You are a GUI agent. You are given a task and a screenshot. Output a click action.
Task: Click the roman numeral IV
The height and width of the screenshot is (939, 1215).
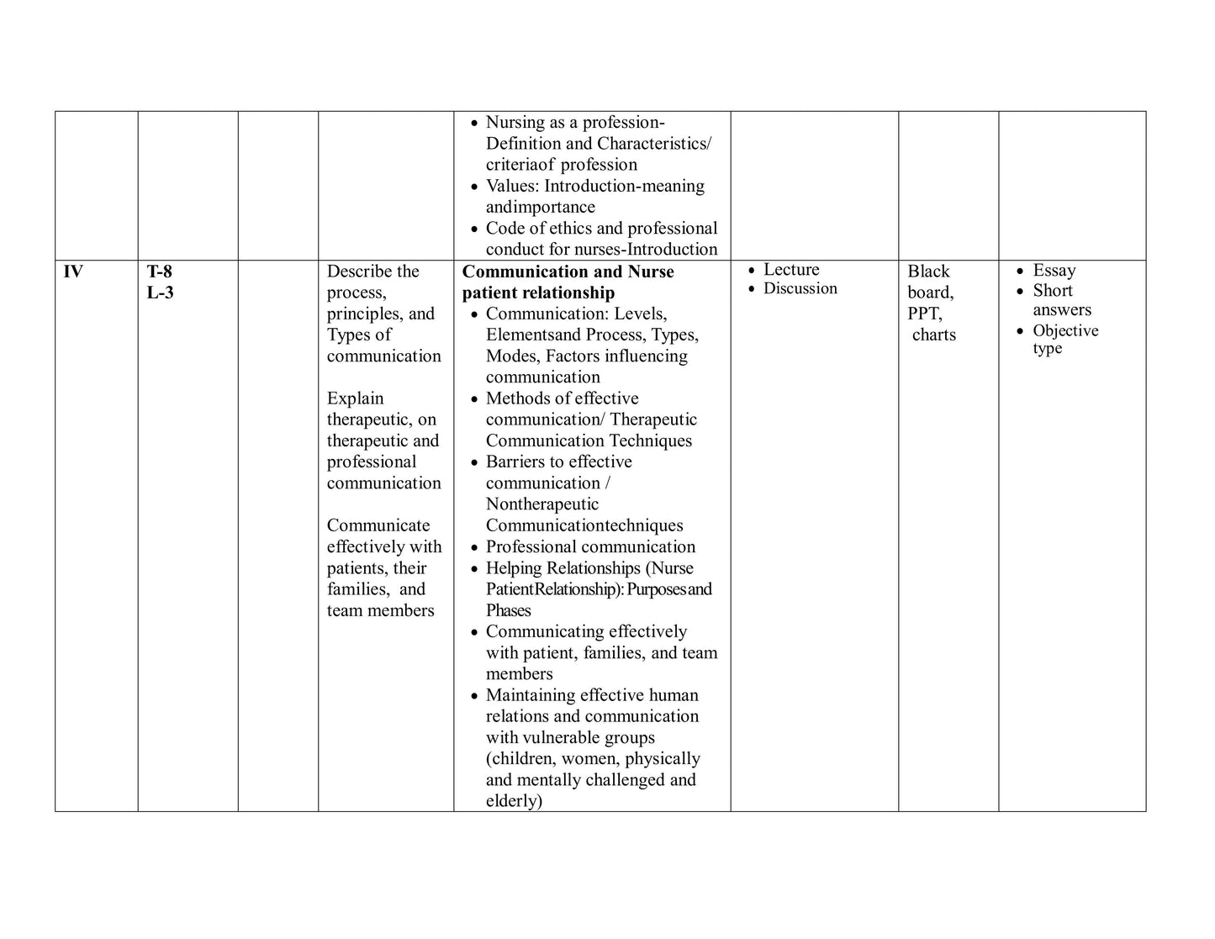pyautogui.click(x=73, y=272)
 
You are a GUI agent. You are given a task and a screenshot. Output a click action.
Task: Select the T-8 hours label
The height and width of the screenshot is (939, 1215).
pyautogui.click(x=160, y=272)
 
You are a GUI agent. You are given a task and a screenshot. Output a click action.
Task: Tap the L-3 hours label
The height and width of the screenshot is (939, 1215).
pyautogui.click(x=160, y=293)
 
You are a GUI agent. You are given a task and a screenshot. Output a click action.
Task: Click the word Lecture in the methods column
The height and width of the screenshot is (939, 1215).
pyautogui.click(x=791, y=270)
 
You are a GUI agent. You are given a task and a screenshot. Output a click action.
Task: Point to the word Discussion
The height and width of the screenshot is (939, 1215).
pyautogui.click(x=800, y=288)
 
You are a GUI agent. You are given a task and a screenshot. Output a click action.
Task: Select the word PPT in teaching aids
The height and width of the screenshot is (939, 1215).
pyautogui.click(x=924, y=314)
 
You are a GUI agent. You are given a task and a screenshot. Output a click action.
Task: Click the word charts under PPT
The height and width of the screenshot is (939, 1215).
pyautogui.click(x=934, y=335)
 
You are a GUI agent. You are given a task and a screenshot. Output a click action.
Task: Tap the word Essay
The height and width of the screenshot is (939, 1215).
pyautogui.click(x=1054, y=271)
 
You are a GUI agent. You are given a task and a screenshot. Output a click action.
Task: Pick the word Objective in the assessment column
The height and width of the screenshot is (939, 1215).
pyautogui.click(x=1065, y=330)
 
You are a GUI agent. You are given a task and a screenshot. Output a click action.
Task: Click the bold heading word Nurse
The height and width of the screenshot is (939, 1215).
pyautogui.click(x=651, y=272)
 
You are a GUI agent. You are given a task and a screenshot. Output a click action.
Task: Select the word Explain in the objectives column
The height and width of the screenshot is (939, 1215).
pyautogui.click(x=355, y=398)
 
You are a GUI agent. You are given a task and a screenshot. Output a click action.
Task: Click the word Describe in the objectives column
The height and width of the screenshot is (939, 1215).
pyautogui.click(x=360, y=272)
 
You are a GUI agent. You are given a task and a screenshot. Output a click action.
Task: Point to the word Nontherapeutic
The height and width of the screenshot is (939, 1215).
pyautogui.click(x=542, y=504)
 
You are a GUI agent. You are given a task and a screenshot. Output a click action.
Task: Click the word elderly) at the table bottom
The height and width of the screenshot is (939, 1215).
pyautogui.click(x=514, y=801)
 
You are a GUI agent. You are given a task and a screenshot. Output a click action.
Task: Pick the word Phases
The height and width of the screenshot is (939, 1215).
pyautogui.click(x=509, y=610)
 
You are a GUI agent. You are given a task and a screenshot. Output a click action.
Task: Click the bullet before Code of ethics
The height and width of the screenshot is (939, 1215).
pyautogui.click(x=474, y=229)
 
